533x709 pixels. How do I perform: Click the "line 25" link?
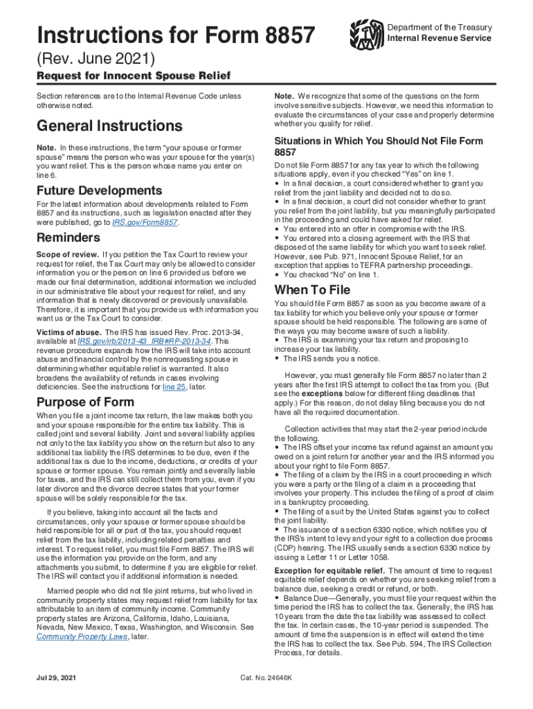[x=177, y=387]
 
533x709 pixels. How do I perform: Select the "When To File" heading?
[x=312, y=289]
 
